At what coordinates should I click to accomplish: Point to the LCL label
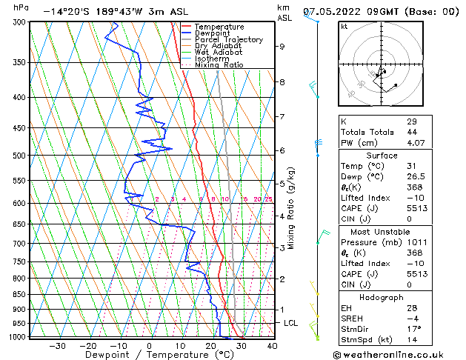(291, 324)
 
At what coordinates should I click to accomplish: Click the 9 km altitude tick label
(282, 46)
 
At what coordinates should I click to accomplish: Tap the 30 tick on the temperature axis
(241, 346)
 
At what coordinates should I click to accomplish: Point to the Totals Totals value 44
(411, 132)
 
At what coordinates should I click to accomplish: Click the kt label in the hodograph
(344, 26)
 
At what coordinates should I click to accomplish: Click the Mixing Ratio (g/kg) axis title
(291, 207)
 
